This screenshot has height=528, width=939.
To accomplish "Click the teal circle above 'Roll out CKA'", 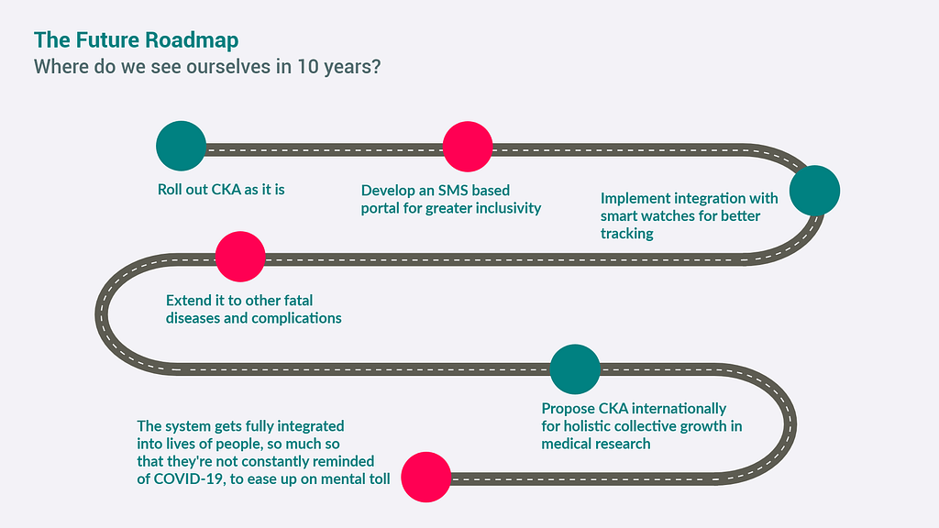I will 181,146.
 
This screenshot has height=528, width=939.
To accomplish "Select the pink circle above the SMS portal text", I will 468,146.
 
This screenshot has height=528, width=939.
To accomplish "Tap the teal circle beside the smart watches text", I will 814,190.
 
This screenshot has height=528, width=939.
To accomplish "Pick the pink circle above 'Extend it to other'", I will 240,255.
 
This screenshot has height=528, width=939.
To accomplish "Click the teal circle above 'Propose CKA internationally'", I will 575,368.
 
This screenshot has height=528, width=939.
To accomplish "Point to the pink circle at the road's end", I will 426,477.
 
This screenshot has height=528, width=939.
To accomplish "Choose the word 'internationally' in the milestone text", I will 679,408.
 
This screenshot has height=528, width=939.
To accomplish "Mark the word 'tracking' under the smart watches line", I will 627,234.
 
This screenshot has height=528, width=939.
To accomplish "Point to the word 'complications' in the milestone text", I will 295,318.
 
